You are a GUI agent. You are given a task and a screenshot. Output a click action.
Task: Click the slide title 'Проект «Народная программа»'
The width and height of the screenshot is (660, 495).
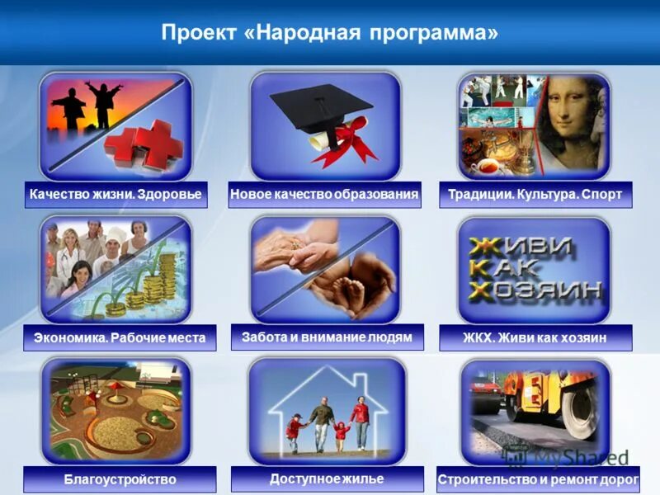330,33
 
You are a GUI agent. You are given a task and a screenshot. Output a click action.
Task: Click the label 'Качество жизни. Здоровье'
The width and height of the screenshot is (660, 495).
115,196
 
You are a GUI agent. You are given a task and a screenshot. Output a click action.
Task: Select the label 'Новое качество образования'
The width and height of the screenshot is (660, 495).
325,196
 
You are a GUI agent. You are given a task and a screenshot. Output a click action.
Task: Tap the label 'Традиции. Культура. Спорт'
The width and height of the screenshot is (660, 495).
535,196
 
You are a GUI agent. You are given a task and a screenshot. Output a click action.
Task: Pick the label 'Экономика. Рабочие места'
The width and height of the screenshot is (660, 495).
120,337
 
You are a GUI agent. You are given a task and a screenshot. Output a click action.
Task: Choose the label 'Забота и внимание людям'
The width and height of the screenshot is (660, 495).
327,337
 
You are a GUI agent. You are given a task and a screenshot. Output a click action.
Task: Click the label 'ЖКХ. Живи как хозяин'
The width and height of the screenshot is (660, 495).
535,337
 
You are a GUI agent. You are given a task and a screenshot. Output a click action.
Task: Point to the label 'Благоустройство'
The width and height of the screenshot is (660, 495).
120,479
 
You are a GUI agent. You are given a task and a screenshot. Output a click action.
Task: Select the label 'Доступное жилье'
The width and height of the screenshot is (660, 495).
327,478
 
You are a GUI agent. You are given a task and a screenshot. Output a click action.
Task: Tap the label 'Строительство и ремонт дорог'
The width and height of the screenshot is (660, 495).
539,479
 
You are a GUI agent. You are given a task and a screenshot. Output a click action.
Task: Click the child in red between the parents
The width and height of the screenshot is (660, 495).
341,432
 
